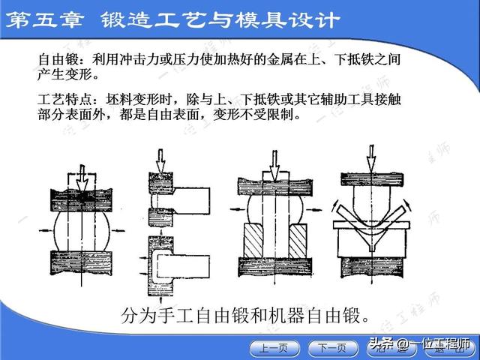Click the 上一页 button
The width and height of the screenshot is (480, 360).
(273, 347)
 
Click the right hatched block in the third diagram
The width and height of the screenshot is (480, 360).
(297, 241)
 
